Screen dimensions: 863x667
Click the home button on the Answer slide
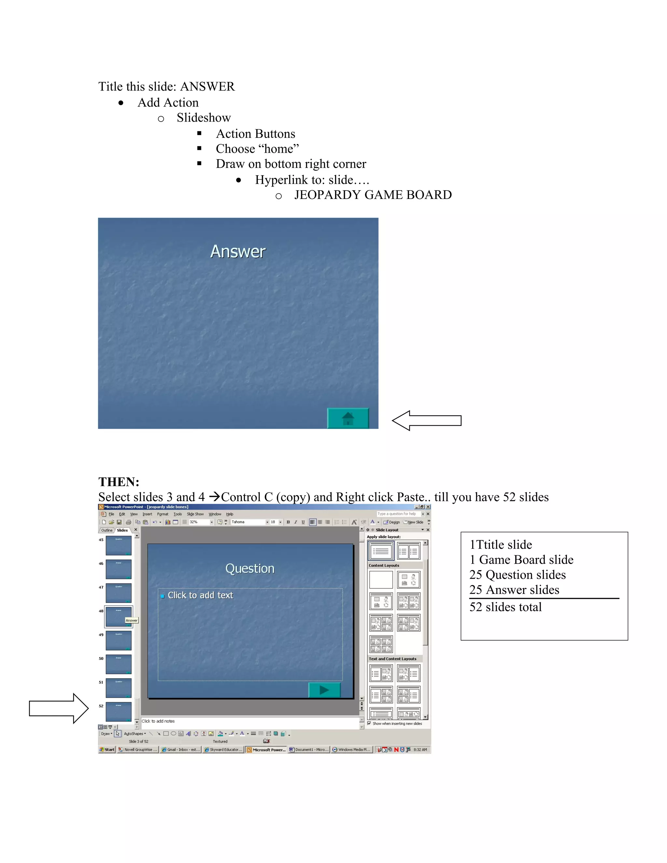pyautogui.click(x=348, y=418)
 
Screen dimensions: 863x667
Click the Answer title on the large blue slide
pyautogui.click(x=238, y=252)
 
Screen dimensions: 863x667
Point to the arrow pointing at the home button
pyautogui.click(x=426, y=420)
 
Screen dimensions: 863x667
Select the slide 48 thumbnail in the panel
pyautogui.click(x=118, y=617)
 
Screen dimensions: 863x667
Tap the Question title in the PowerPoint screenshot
pyautogui.click(x=250, y=569)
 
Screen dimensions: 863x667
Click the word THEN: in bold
pyautogui.click(x=119, y=482)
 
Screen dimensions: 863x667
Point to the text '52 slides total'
pyautogui.click(x=505, y=607)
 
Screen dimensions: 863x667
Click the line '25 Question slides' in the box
pyautogui.click(x=517, y=574)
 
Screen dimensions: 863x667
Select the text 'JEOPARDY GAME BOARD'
pyautogui.click(x=373, y=195)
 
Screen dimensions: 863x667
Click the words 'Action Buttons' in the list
pyautogui.click(x=255, y=134)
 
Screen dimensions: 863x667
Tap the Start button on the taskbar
pyautogui.click(x=107, y=750)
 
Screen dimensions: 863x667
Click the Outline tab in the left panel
pyautogui.click(x=107, y=530)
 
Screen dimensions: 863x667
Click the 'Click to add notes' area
pyautogui.click(x=158, y=721)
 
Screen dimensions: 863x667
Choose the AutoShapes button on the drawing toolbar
pyautogui.click(x=135, y=734)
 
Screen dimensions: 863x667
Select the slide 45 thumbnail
pyautogui.click(x=118, y=545)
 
